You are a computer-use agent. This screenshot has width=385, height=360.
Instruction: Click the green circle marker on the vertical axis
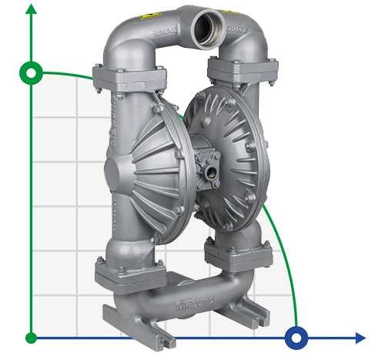31,73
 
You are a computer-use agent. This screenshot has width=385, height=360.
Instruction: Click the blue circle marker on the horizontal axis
296,338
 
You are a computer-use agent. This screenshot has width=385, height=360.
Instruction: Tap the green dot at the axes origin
31,338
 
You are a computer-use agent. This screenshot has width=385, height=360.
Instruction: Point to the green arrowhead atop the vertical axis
31,9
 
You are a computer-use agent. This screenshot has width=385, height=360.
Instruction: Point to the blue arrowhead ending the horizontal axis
360,338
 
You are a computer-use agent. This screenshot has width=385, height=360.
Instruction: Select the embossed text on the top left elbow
161,35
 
